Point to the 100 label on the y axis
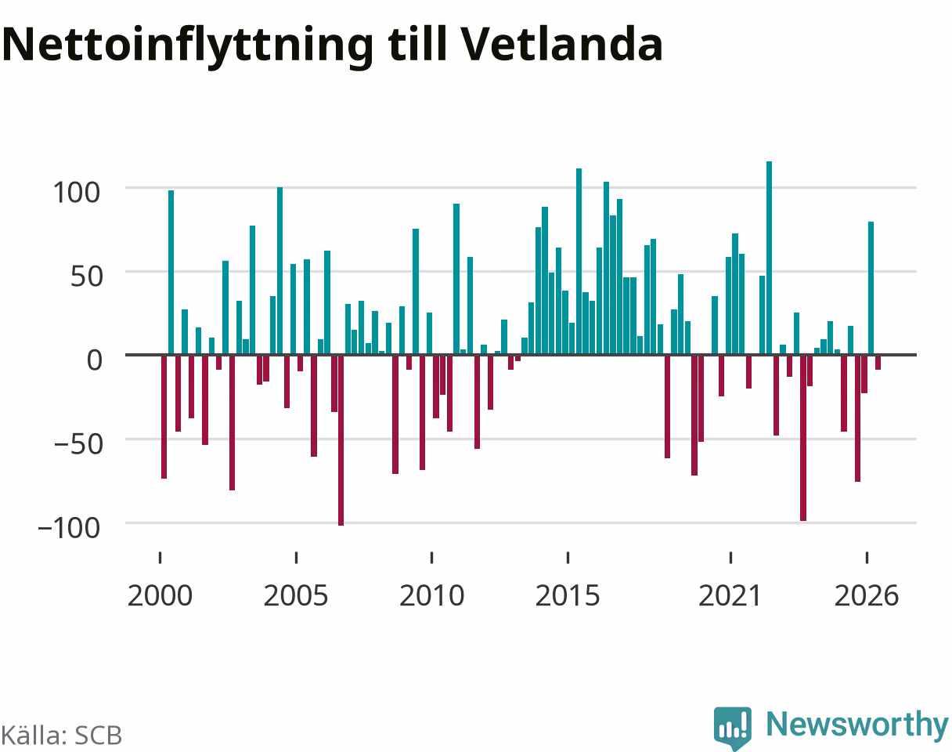pos(77,193)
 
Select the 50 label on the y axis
pos(87,277)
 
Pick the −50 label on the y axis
pos(79,444)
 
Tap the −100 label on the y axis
pos(69,528)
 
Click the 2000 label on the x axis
pos(160,596)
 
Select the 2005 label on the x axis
pos(296,596)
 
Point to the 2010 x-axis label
pos(431,596)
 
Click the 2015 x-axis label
pos(568,596)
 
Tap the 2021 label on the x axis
pos(730,596)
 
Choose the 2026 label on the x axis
pos(867,596)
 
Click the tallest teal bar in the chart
pos(770,258)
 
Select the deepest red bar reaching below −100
pos(341,440)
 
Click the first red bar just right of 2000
pos(164,417)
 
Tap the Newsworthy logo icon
pos(733,728)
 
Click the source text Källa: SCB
pos(62,736)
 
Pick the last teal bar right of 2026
pos(871,287)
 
